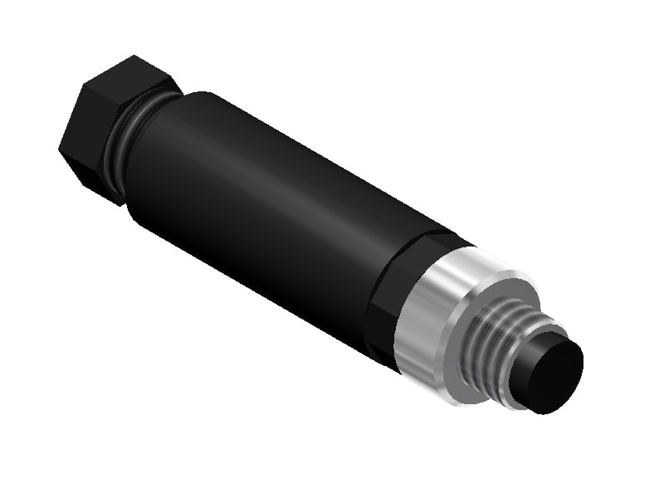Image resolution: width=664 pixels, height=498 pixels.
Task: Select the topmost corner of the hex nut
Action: pos(133,56)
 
